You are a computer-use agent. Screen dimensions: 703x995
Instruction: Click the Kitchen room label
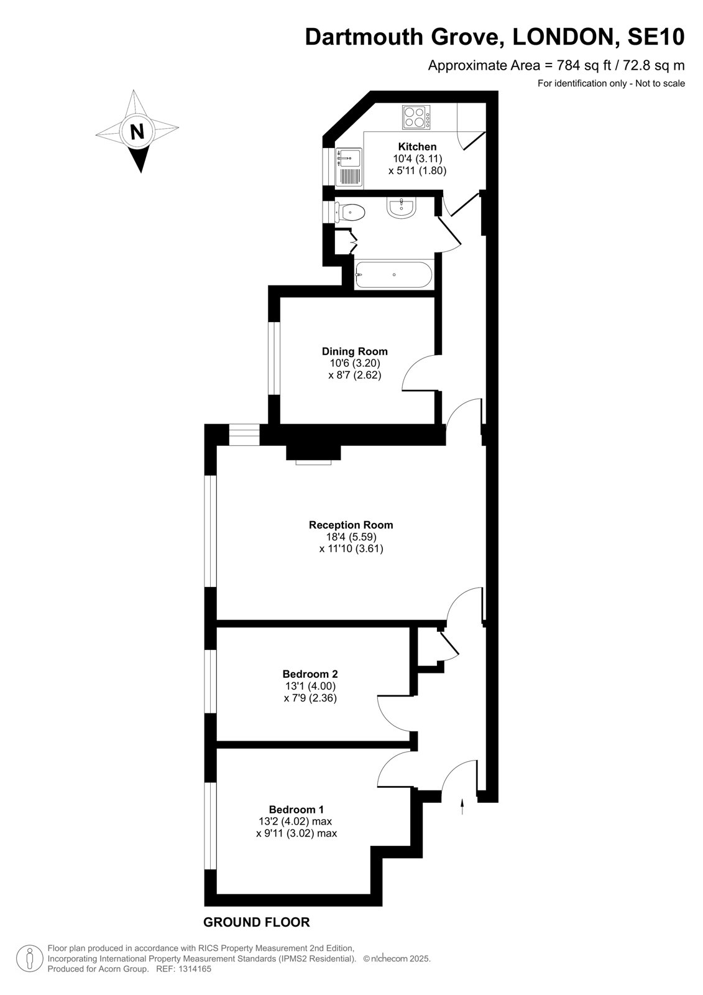coord(417,147)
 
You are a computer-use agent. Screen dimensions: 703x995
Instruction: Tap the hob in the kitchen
coord(416,118)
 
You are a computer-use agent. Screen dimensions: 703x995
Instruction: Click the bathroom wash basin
coord(402,208)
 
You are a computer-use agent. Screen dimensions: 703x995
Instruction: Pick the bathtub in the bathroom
coord(393,274)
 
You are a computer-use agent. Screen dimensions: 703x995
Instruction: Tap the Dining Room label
coord(355,351)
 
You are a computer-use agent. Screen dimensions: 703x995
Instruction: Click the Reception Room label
coord(351,525)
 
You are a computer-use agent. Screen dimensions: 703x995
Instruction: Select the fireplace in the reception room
coord(313,454)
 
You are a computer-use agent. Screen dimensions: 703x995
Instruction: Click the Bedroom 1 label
coord(296,809)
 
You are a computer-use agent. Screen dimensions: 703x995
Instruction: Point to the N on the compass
coord(137,131)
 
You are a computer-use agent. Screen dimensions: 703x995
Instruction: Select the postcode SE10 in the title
coord(656,37)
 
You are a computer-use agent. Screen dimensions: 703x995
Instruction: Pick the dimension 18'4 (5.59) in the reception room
coord(351,537)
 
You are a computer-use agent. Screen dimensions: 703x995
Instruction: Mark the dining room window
coord(274,358)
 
